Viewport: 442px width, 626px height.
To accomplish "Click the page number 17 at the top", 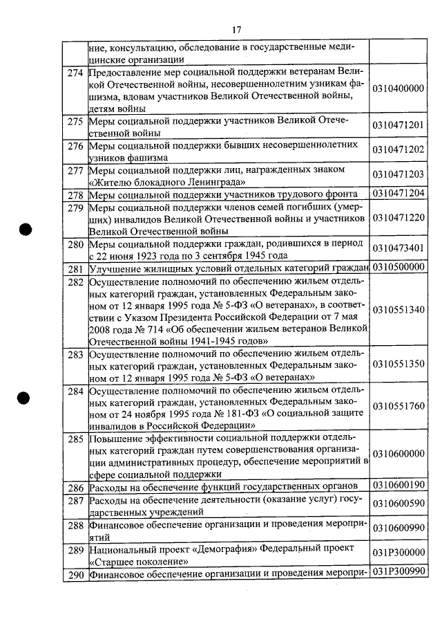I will pyautogui.click(x=236, y=29).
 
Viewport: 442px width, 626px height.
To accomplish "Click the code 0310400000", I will pyautogui.click(x=397, y=89).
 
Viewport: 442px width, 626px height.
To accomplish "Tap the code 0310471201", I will pyautogui.click(x=397, y=125).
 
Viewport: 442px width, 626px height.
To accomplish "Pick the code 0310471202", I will pyautogui.click(x=397, y=149).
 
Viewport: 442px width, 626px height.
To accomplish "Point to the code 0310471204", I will pyautogui.click(x=397, y=194).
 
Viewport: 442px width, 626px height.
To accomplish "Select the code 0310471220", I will pyautogui.click(x=397, y=218).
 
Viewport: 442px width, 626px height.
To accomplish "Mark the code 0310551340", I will pyautogui.click(x=397, y=309).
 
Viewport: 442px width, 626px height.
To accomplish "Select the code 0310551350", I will pyautogui.click(x=397, y=364).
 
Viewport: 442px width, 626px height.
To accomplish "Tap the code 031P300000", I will pyautogui.click(x=397, y=555).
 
